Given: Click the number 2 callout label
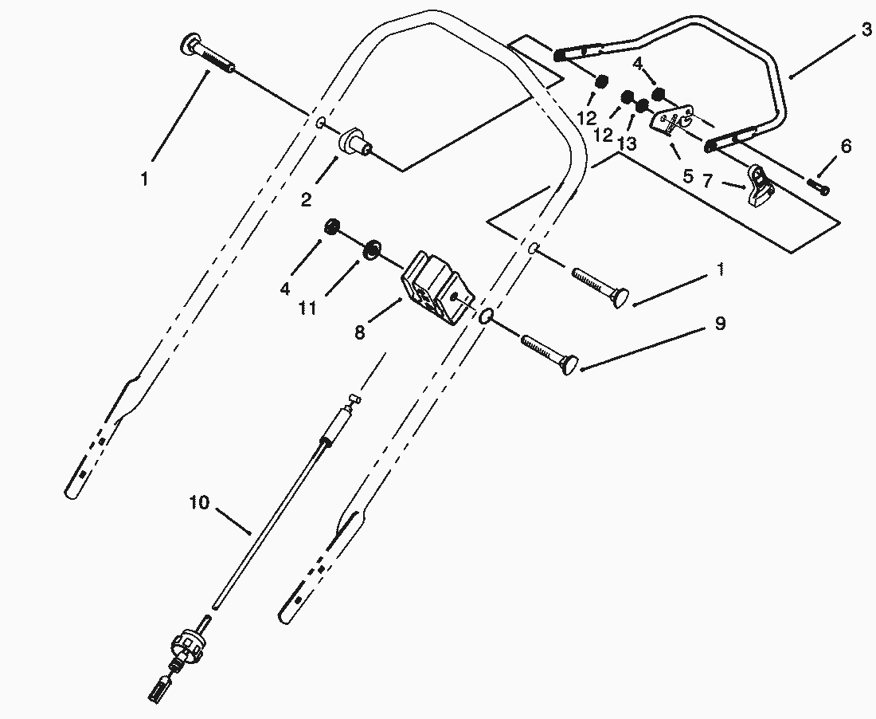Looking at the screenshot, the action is (x=306, y=199).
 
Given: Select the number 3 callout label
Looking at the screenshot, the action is (x=866, y=29).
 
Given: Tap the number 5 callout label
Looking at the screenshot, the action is (x=688, y=176).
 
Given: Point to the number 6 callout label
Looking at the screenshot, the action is (x=845, y=147).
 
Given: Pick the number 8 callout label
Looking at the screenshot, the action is (x=359, y=332).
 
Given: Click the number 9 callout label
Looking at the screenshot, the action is (x=720, y=323).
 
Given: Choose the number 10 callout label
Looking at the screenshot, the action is (x=199, y=503).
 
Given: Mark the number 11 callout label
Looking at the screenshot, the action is (x=308, y=308).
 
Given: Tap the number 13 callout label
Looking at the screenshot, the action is (x=628, y=143).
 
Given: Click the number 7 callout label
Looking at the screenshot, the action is (x=707, y=181).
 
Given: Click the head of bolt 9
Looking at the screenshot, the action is (x=571, y=366).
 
